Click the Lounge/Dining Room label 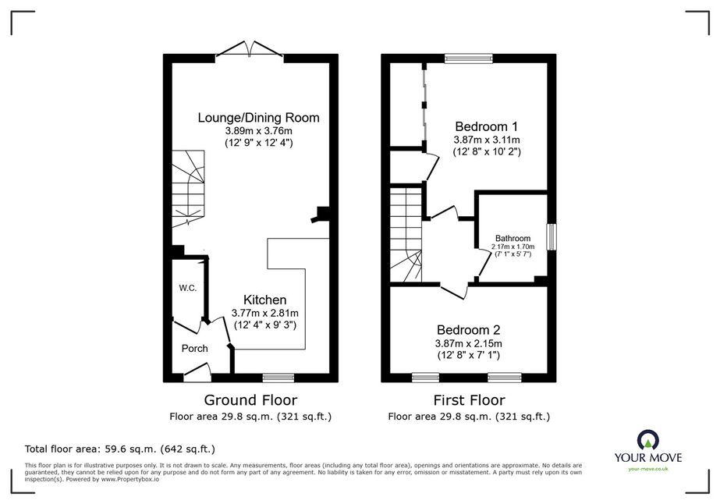pos(258,118)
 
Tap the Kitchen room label pos(265,300)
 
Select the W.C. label pos(188,288)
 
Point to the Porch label pos(195,348)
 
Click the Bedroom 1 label pos(486,126)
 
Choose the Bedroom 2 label pos(468,330)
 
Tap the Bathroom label pos(513,239)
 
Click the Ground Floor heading pos(250,400)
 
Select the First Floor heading pos(470,400)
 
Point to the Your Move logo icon pos(648,440)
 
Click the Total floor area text pos(120,449)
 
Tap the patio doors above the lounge pos(250,50)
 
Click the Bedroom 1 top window pos(468,59)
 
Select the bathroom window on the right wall pos(552,237)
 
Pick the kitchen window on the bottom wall pos(278,378)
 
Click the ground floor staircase pos(188,189)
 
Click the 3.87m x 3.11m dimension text pos(487,140)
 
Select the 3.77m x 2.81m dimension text pos(265,314)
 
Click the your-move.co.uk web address pos(648,469)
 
